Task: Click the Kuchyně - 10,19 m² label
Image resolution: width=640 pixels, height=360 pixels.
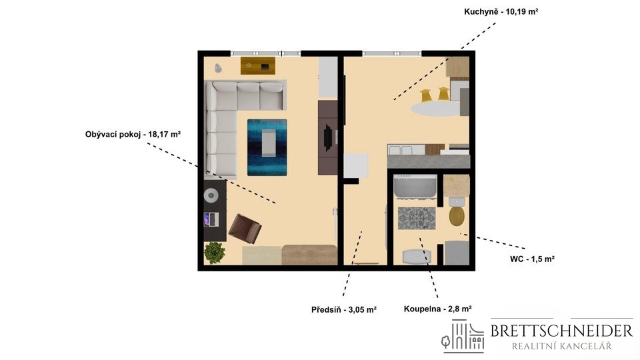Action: point(501,11)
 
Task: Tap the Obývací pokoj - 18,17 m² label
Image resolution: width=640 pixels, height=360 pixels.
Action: point(133,134)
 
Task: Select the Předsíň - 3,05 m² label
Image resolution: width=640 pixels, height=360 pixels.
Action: point(344,310)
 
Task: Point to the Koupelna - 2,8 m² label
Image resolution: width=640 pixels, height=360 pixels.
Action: point(437,309)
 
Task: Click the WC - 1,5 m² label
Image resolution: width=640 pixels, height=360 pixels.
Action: point(532,259)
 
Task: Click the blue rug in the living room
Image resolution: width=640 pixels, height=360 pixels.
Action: point(267,147)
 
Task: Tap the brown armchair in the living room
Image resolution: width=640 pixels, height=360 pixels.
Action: point(245,229)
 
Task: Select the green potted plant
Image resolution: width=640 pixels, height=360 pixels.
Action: point(214,253)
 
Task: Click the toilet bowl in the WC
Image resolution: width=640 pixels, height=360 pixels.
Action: point(456,216)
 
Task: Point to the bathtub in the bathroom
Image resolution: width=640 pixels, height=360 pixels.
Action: point(415,187)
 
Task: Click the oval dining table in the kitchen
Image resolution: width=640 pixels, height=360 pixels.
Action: point(435,109)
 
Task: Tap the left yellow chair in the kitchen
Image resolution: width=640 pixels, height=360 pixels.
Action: point(426,95)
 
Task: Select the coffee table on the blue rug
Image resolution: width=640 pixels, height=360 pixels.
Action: point(268,143)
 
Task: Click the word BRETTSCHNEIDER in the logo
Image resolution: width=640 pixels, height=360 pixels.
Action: point(561,331)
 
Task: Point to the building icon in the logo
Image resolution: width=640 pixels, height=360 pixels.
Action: point(463,336)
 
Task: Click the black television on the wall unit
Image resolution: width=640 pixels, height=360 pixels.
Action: point(327,137)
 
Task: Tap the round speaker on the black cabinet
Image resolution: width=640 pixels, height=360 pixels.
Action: point(211,195)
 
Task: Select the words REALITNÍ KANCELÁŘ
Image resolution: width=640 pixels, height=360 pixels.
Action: point(561,347)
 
